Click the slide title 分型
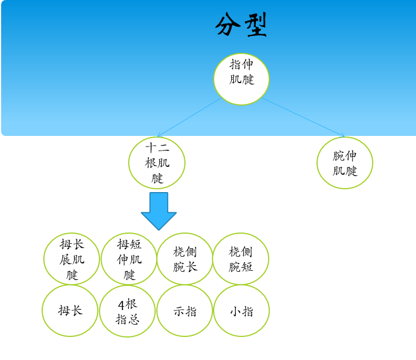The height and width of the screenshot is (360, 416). pos(241,25)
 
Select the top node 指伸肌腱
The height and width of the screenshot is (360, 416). pos(241,79)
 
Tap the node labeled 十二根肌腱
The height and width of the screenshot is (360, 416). pos(157,163)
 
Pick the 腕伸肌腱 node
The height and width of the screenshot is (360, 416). pos(345,163)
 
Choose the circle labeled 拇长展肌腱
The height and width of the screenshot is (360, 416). pos(71,259)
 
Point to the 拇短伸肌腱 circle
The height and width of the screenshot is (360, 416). pos(129,259)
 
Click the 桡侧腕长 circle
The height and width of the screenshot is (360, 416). pos(185,259)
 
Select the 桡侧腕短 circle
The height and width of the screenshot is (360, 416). pos(241,259)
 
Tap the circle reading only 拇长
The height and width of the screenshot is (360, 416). pos(70,311)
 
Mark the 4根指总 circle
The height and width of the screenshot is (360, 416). pos(128,311)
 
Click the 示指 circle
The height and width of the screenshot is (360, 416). pos(185,311)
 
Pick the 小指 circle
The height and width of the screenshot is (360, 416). pos(241,311)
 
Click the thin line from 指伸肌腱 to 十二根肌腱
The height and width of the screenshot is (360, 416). pos(190,117)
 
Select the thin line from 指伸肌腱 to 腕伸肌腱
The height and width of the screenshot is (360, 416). pos(302,117)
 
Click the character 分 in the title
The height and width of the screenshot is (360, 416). pos(228,25)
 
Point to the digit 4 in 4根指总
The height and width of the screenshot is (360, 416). pos(121,305)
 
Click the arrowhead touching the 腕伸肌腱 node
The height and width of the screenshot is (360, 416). pos(342,135)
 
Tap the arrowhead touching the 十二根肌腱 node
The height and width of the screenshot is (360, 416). pos(160,135)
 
